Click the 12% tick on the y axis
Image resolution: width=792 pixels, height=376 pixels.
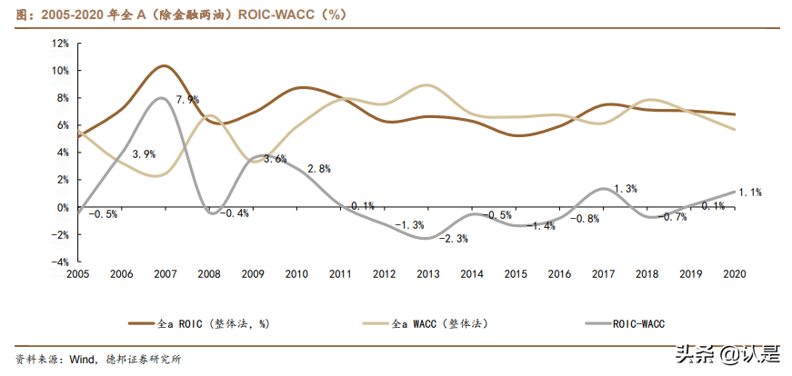tap(60, 43)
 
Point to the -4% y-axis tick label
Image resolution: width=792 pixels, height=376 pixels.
tap(60, 262)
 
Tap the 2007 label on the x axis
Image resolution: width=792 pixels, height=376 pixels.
tap(165, 273)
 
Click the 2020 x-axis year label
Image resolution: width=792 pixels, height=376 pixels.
tap(734, 273)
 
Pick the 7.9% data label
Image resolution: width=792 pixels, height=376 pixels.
tap(187, 100)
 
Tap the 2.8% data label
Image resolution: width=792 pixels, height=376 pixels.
tap(318, 169)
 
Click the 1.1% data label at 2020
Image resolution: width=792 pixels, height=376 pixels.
tap(750, 193)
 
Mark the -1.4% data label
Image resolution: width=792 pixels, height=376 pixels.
tap(543, 225)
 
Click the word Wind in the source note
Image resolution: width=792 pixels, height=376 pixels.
tap(85, 358)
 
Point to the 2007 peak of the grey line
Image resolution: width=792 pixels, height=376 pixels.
tap(161, 98)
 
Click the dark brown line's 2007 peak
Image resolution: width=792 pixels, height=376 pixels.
tap(163, 66)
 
